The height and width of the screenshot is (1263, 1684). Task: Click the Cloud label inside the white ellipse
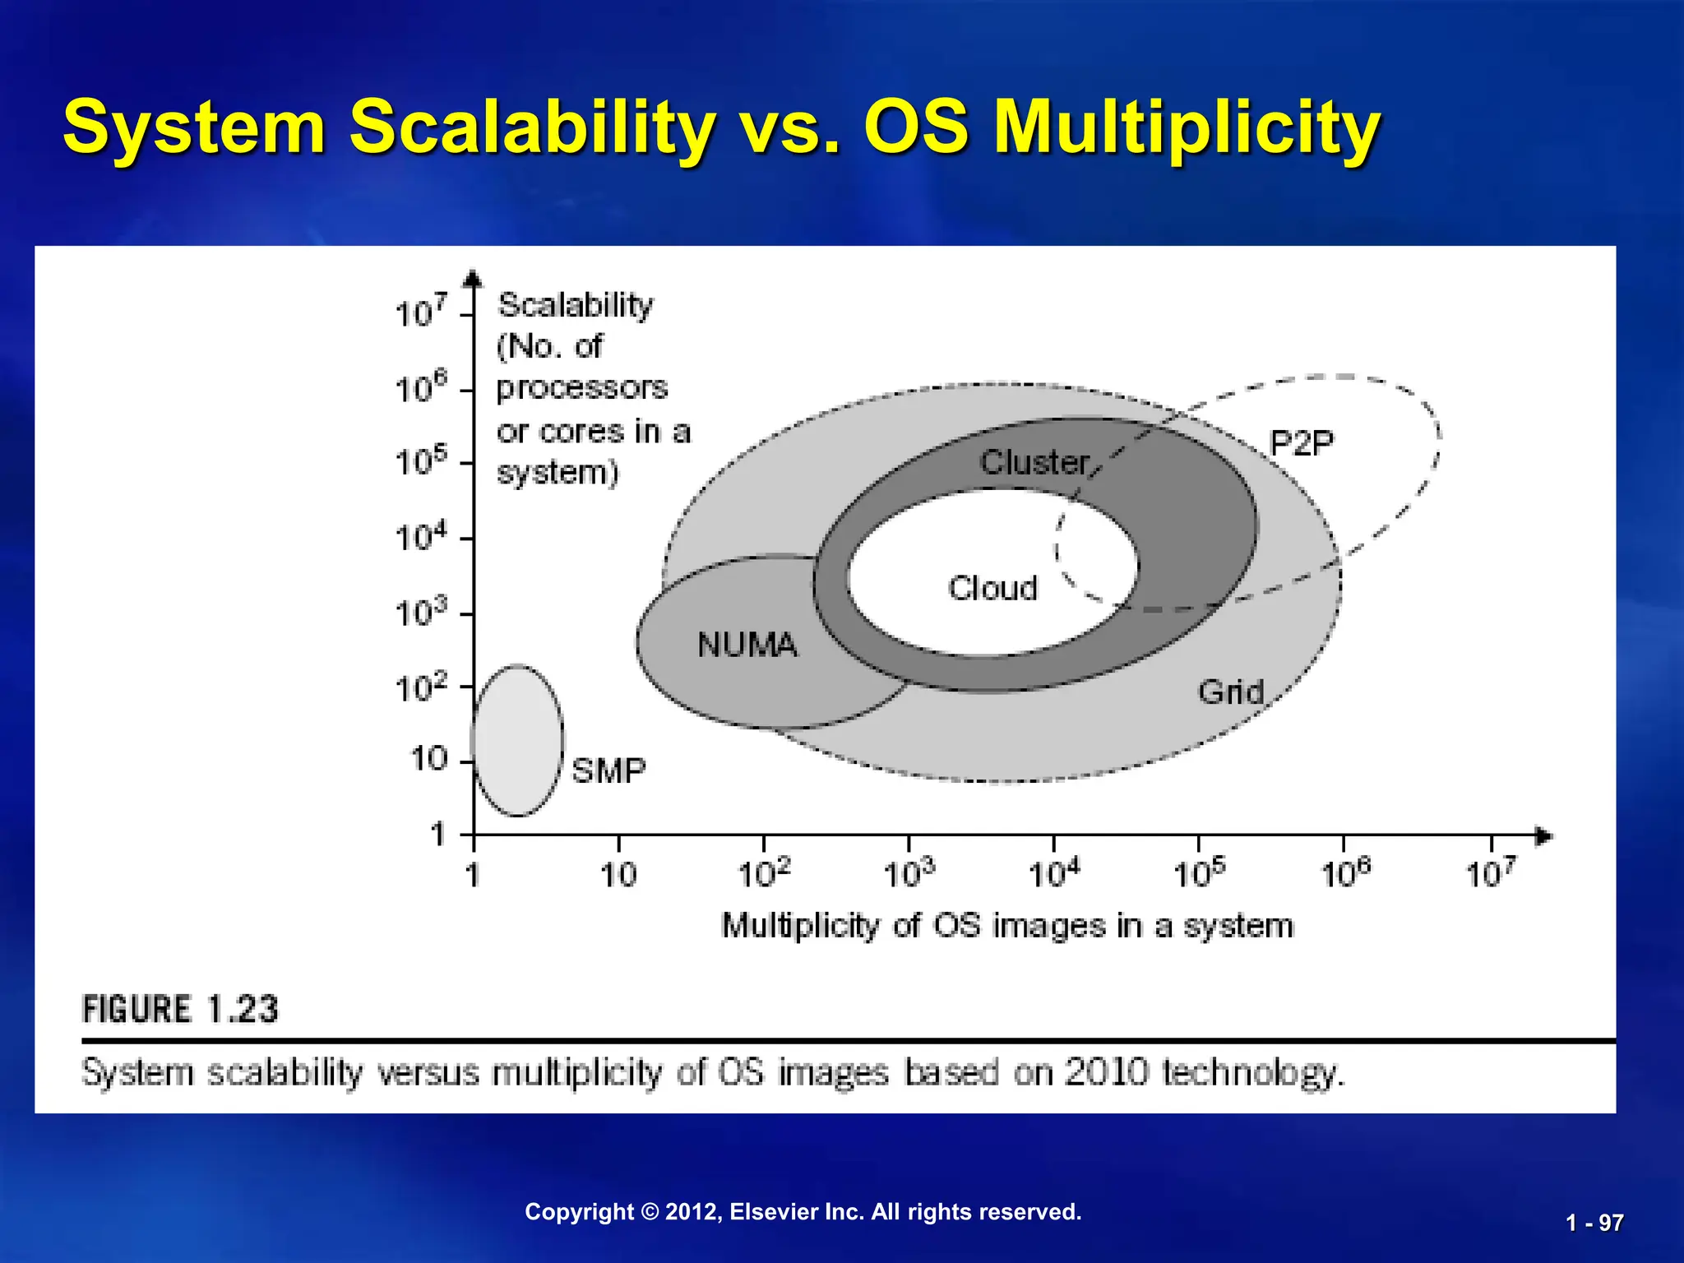(x=992, y=588)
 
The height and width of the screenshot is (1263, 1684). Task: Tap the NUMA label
(x=747, y=645)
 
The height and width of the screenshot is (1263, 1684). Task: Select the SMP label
(x=608, y=770)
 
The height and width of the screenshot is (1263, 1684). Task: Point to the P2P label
(x=1302, y=444)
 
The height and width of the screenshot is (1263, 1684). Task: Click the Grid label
(x=1230, y=692)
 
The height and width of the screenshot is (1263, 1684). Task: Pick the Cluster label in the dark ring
(x=1035, y=462)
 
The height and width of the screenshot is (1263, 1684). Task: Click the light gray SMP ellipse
(x=518, y=740)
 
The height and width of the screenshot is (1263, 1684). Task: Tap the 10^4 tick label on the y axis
(x=421, y=538)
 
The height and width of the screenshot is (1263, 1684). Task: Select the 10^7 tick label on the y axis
(x=421, y=312)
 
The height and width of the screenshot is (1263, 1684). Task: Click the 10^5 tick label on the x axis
(x=1199, y=873)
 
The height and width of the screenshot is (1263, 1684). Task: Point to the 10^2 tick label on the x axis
(x=764, y=873)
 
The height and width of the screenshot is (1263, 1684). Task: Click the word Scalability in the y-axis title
(x=575, y=305)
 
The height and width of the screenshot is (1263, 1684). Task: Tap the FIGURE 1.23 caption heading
(x=180, y=1009)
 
